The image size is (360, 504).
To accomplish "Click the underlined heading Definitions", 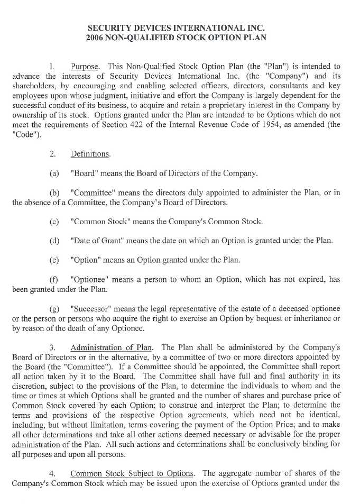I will coord(90,154).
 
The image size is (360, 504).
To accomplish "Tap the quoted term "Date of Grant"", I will coord(99,241).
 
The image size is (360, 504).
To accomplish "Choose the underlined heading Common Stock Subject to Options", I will coord(133,473).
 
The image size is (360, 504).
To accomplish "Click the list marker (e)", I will coord(54,260).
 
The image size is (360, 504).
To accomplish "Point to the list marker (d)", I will coord(54,241).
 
